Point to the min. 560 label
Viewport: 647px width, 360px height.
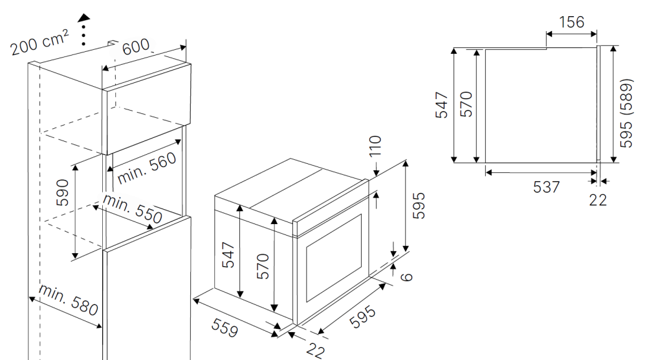pos(146,164)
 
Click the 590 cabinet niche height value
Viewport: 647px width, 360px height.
pos(62,193)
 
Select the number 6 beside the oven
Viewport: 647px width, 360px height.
pos(406,276)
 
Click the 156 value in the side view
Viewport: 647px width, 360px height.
pos(571,22)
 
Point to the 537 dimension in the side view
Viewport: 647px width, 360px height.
pos(547,187)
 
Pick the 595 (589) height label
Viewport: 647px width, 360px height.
pos(626,113)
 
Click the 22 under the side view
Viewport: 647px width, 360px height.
pos(598,200)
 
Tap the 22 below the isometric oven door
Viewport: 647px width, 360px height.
pos(314,350)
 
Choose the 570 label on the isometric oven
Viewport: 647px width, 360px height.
pos(263,265)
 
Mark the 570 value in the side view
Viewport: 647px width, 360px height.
pos(466,104)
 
